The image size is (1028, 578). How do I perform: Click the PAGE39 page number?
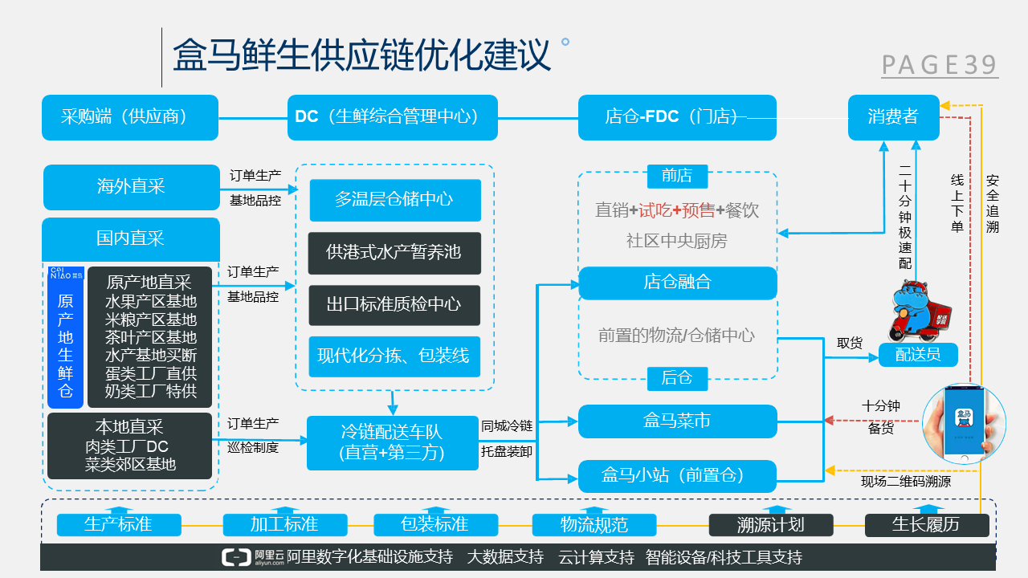(x=940, y=65)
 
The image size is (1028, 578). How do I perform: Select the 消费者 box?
(x=893, y=117)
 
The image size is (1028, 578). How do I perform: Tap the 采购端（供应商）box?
(x=130, y=117)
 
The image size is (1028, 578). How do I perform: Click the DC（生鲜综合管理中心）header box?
(x=393, y=117)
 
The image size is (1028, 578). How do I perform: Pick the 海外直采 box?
(x=131, y=187)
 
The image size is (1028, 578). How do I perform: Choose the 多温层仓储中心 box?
(x=394, y=200)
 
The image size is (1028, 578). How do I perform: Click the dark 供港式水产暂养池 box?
(x=394, y=252)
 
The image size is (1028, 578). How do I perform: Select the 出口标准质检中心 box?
(x=394, y=304)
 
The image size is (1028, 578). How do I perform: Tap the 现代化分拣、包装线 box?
(x=394, y=356)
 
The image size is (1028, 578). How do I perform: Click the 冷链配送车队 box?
(x=392, y=442)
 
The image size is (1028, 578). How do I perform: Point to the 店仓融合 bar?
(x=678, y=283)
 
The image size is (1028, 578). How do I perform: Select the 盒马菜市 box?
(x=678, y=421)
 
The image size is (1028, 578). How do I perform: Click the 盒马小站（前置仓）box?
(x=678, y=476)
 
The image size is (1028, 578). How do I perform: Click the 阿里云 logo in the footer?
(x=251, y=557)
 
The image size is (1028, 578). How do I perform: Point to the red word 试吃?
(x=655, y=210)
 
